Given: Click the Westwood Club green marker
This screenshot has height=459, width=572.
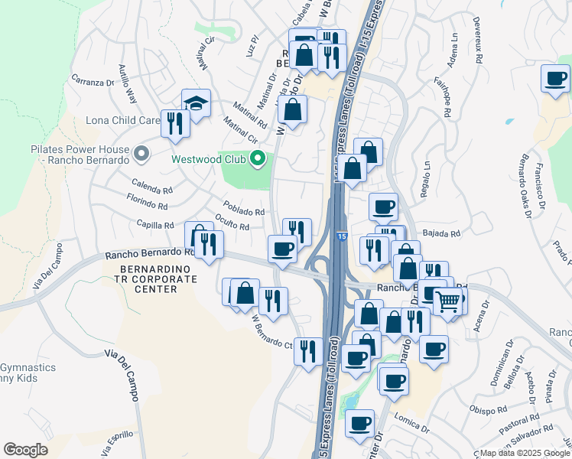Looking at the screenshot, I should pyautogui.click(x=258, y=159).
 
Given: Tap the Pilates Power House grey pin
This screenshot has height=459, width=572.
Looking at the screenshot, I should pyautogui.click(x=141, y=154).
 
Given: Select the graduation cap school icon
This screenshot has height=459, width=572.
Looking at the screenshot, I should pyautogui.click(x=196, y=103).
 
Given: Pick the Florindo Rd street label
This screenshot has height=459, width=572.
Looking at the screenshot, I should pyautogui.click(x=147, y=204).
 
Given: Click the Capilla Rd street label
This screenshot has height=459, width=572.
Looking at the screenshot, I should pyautogui.click(x=155, y=225).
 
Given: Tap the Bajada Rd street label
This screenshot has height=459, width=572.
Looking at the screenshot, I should pyautogui.click(x=442, y=233).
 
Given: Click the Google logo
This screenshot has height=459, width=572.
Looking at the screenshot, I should pyautogui.click(x=25, y=450).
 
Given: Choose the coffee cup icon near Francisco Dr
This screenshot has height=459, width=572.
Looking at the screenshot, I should pyautogui.click(x=555, y=77).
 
